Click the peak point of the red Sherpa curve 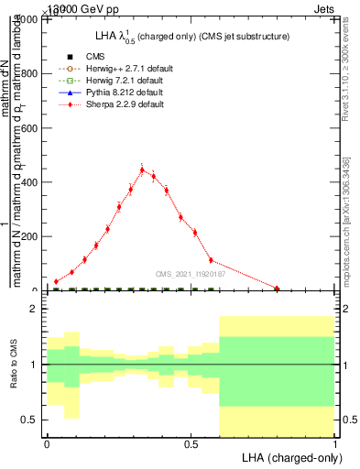point(142,169)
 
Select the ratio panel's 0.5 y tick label point(30,420)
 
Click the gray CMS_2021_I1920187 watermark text point(190,273)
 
